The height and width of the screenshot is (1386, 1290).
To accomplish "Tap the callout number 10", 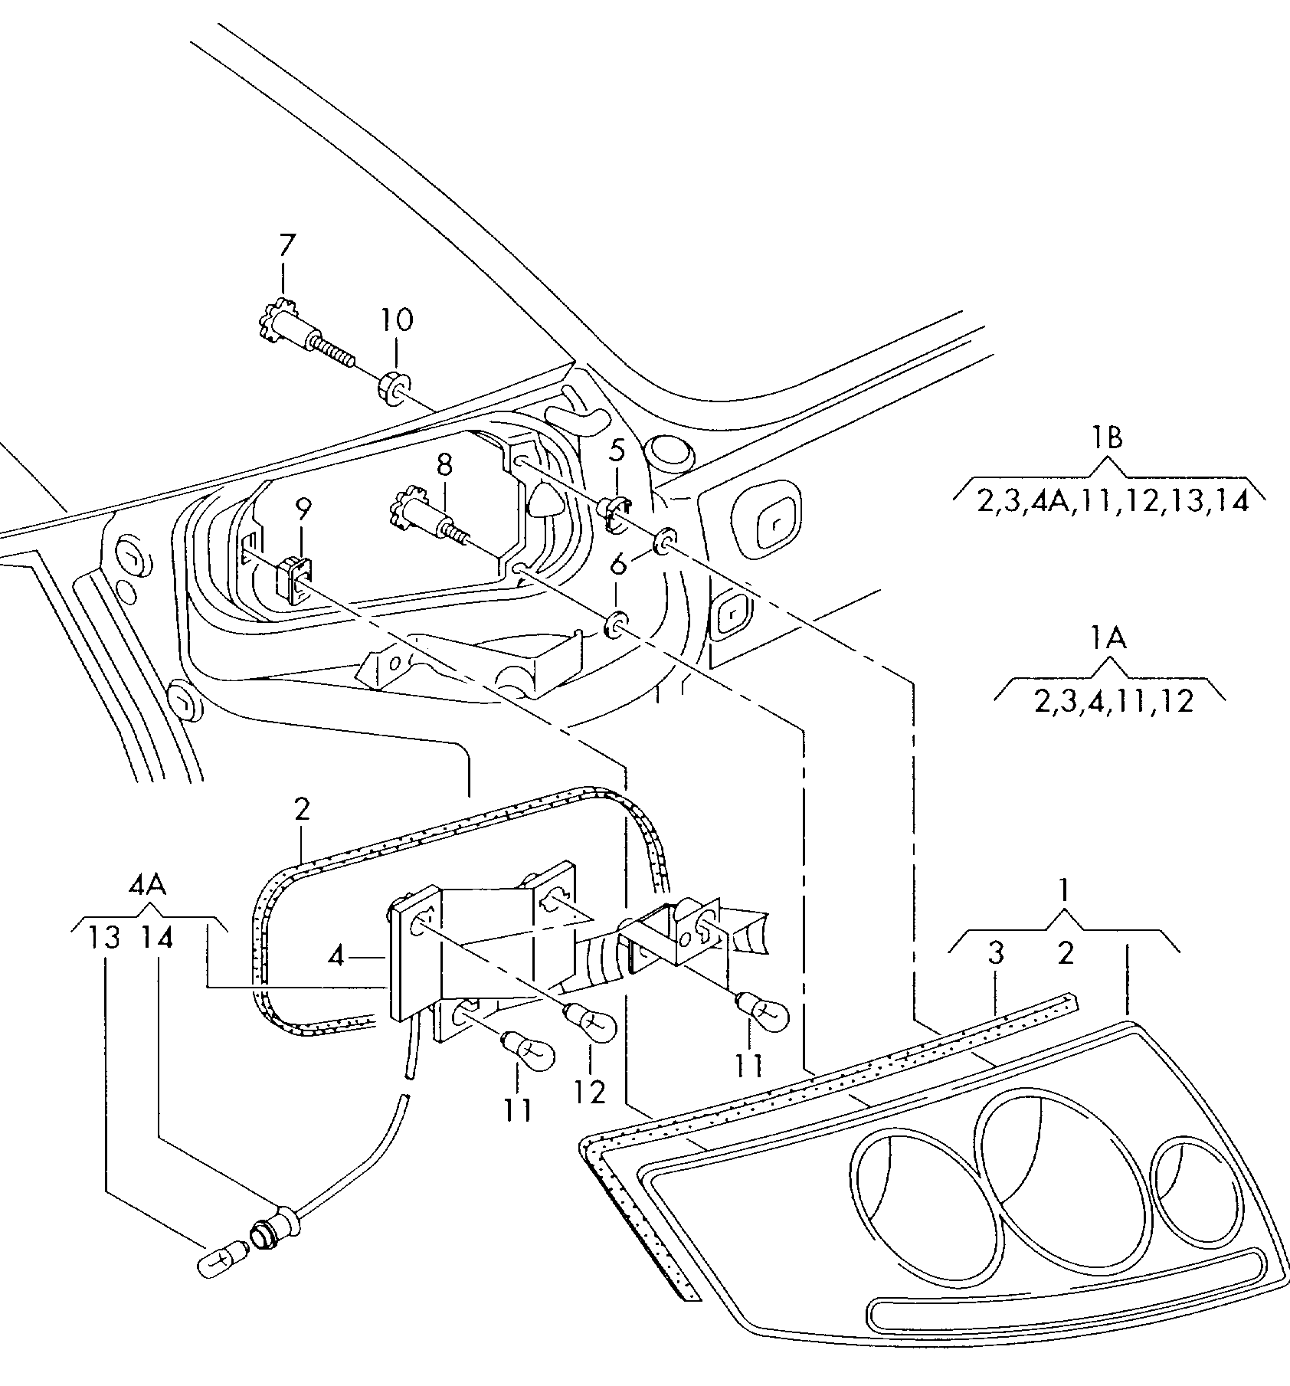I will coord(396,319).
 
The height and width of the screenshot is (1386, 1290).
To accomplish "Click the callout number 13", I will coord(104,938).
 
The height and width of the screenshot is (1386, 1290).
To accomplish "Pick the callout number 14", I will coord(156,938).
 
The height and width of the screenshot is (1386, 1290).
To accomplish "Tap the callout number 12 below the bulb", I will coord(590,1091).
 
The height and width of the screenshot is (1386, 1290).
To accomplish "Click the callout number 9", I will coord(303,508).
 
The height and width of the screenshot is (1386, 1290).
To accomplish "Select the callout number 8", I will coord(444,464).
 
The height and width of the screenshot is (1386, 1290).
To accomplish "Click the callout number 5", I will coord(617,452).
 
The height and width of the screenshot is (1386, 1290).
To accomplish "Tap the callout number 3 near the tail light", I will coord(995,954).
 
